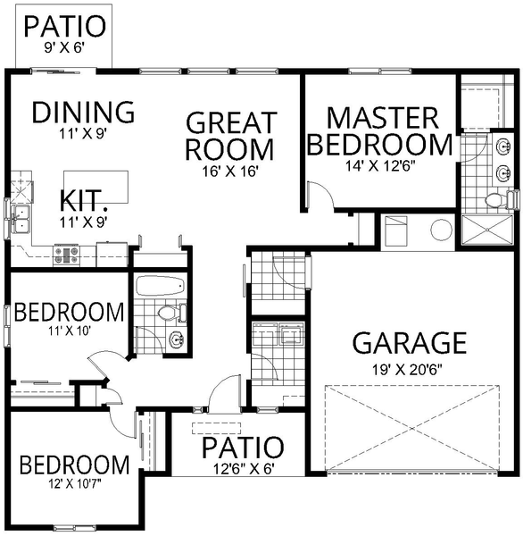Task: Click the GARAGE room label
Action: coord(411,343)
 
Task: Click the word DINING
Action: coord(83,113)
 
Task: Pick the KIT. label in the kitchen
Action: coord(85,199)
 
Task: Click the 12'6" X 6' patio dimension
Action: coord(242,467)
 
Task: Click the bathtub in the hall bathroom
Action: coord(160,287)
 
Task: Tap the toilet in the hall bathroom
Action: coord(170,314)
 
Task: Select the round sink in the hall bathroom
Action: coord(176,339)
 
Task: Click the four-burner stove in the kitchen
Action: coord(68,255)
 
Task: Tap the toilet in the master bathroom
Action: coord(497,201)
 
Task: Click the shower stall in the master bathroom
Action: coord(487,230)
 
